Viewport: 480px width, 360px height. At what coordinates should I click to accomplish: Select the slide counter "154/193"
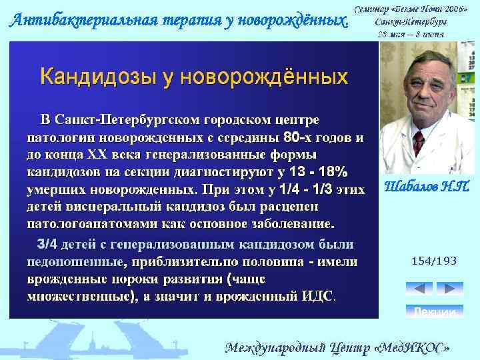coord(434,261)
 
